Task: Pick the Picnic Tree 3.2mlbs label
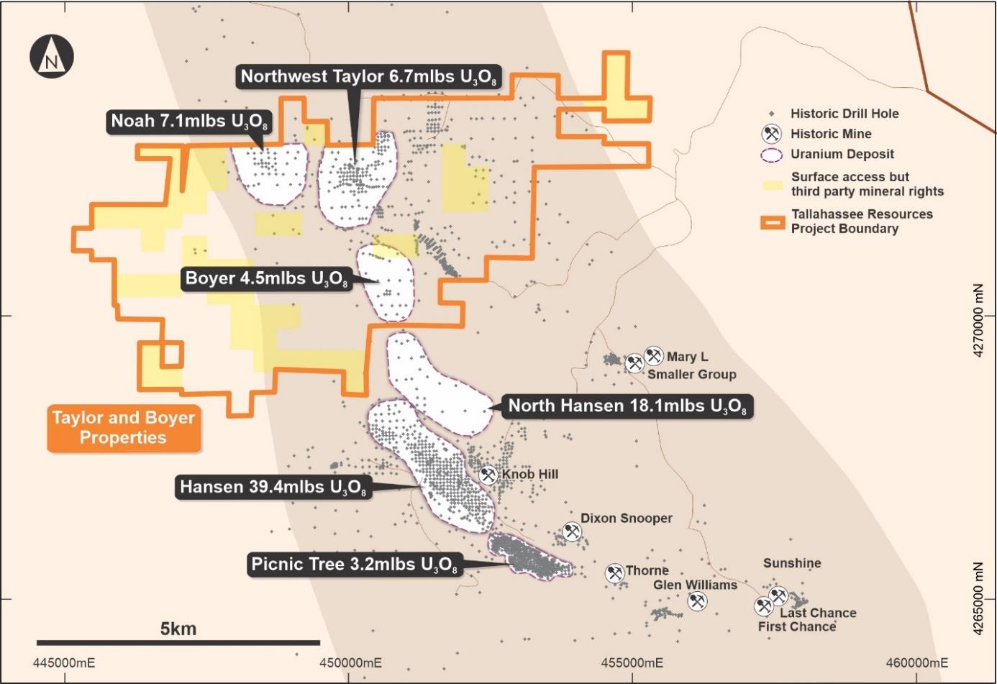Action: click(x=354, y=565)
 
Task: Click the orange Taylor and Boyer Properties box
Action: click(x=124, y=428)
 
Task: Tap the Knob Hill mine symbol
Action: click(x=488, y=475)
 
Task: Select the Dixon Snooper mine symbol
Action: click(x=572, y=532)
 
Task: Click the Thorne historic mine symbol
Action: click(x=614, y=573)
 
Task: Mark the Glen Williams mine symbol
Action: click(x=697, y=601)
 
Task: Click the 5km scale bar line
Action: click(x=178, y=642)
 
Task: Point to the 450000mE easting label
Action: click(x=351, y=662)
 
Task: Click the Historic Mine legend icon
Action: click(x=772, y=134)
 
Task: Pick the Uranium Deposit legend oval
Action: click(x=772, y=155)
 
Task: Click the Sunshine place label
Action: click(x=792, y=563)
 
